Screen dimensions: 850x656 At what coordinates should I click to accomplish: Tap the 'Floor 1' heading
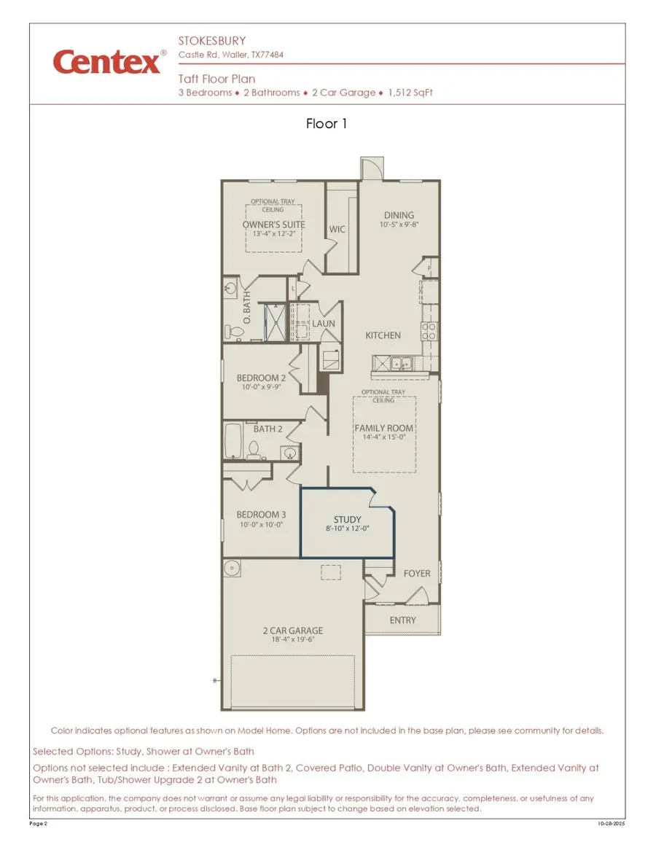click(327, 124)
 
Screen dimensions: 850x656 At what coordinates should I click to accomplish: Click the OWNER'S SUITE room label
click(273, 225)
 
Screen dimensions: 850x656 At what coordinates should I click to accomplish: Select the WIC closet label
click(337, 229)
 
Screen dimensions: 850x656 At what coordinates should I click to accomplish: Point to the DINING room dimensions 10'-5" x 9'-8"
click(399, 225)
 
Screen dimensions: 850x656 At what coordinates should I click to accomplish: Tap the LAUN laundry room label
click(324, 324)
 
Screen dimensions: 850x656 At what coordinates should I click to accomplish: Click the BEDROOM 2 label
click(261, 378)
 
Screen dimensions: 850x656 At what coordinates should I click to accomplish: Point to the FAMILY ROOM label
click(383, 428)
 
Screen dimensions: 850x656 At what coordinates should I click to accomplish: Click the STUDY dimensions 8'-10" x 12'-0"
click(347, 529)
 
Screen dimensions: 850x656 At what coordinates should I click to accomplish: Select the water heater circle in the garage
click(233, 568)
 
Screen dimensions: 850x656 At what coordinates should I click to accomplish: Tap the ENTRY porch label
click(402, 620)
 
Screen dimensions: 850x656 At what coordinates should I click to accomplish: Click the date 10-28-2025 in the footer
click(611, 823)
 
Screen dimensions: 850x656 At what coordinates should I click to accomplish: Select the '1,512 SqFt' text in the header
click(410, 93)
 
